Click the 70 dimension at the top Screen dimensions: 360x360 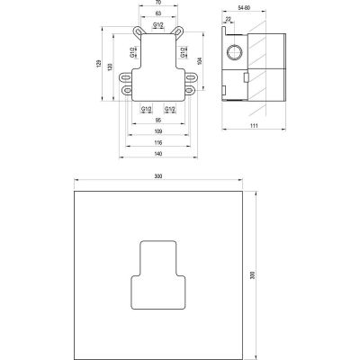click(x=157, y=4)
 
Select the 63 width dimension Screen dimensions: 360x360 click(x=157, y=15)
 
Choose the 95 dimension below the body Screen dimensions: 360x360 click(x=157, y=120)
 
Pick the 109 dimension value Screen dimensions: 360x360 click(x=157, y=131)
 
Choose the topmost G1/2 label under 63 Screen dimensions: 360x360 click(x=157, y=26)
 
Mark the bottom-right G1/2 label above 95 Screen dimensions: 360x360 click(x=169, y=109)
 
